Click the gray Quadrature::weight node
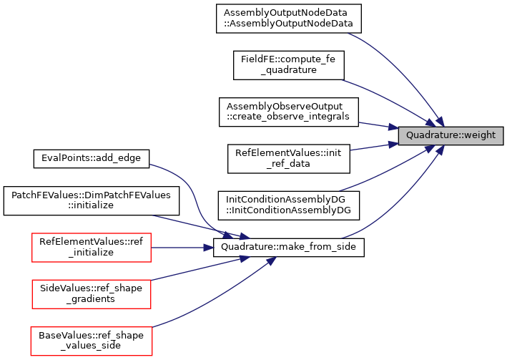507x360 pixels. pos(451,135)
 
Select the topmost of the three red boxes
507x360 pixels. pos(92,248)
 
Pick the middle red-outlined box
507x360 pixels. pos(92,294)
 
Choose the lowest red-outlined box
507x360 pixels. pos(92,341)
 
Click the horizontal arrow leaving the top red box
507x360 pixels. pos(179,248)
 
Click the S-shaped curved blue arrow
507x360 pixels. pos(192,193)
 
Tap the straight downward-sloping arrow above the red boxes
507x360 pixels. pos(193,225)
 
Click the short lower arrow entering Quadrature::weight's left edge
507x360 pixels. pos(372,147)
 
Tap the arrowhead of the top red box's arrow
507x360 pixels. pos(210,248)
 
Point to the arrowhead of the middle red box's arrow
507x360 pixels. pos(245,257)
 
